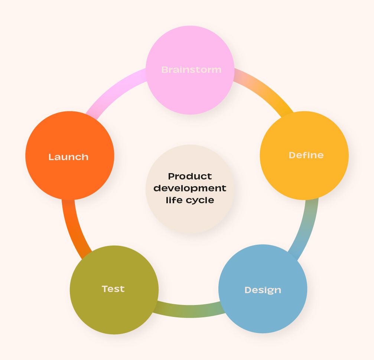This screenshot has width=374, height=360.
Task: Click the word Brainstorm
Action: coord(191,70)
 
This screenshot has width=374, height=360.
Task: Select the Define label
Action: coord(306,155)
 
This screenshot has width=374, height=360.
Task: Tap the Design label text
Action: coord(263,290)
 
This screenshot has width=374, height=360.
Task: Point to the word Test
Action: coord(113,289)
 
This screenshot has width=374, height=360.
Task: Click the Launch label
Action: coord(69,157)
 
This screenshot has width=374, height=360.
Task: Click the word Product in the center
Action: coord(190,176)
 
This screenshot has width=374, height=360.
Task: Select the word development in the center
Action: coord(190,188)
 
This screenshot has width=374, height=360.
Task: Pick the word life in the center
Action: coord(173,200)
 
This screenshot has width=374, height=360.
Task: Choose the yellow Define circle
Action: coord(304,175)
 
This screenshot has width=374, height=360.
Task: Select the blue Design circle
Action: coord(263,308)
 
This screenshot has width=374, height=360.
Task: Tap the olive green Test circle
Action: coord(114,308)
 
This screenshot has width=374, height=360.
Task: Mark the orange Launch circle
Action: coord(69,175)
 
